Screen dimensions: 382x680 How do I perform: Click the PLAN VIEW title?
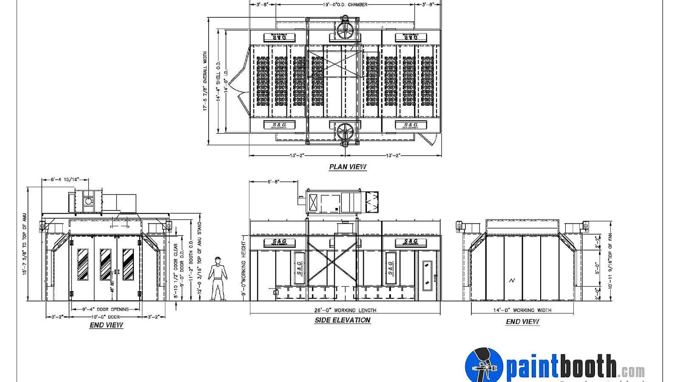(348, 167)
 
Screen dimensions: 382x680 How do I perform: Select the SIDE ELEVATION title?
(343, 320)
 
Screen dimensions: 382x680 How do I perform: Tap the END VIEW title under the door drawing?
(106, 325)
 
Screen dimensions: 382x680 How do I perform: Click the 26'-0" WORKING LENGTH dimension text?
(345, 310)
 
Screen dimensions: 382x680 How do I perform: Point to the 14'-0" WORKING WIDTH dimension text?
(522, 310)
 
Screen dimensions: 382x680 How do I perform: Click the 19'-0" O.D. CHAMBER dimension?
(345, 5)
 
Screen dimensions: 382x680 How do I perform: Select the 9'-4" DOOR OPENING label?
(105, 309)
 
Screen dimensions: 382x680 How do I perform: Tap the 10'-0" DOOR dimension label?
(105, 317)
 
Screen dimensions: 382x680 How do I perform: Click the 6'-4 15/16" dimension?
(65, 180)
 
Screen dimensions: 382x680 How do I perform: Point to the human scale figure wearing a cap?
(218, 279)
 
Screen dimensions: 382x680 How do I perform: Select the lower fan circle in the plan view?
(345, 132)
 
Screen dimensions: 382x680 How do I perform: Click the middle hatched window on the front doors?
(105, 264)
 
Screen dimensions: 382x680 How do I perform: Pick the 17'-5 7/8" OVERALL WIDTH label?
(205, 81)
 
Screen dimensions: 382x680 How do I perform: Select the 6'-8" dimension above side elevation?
(273, 182)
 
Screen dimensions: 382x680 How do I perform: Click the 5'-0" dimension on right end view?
(597, 269)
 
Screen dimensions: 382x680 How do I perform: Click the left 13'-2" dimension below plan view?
(297, 155)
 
